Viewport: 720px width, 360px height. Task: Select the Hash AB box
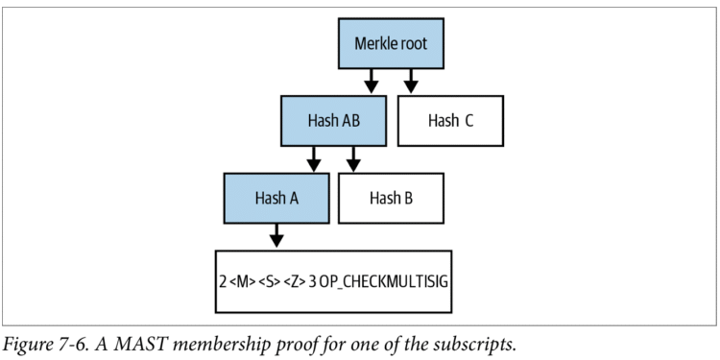[333, 121]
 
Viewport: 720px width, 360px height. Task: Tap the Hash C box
[449, 121]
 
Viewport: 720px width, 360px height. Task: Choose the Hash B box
[391, 199]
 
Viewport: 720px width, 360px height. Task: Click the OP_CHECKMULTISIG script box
[333, 280]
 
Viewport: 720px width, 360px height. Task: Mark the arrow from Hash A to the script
[276, 235]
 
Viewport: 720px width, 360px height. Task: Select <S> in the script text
[273, 281]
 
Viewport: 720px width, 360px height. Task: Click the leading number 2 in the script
[223, 281]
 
